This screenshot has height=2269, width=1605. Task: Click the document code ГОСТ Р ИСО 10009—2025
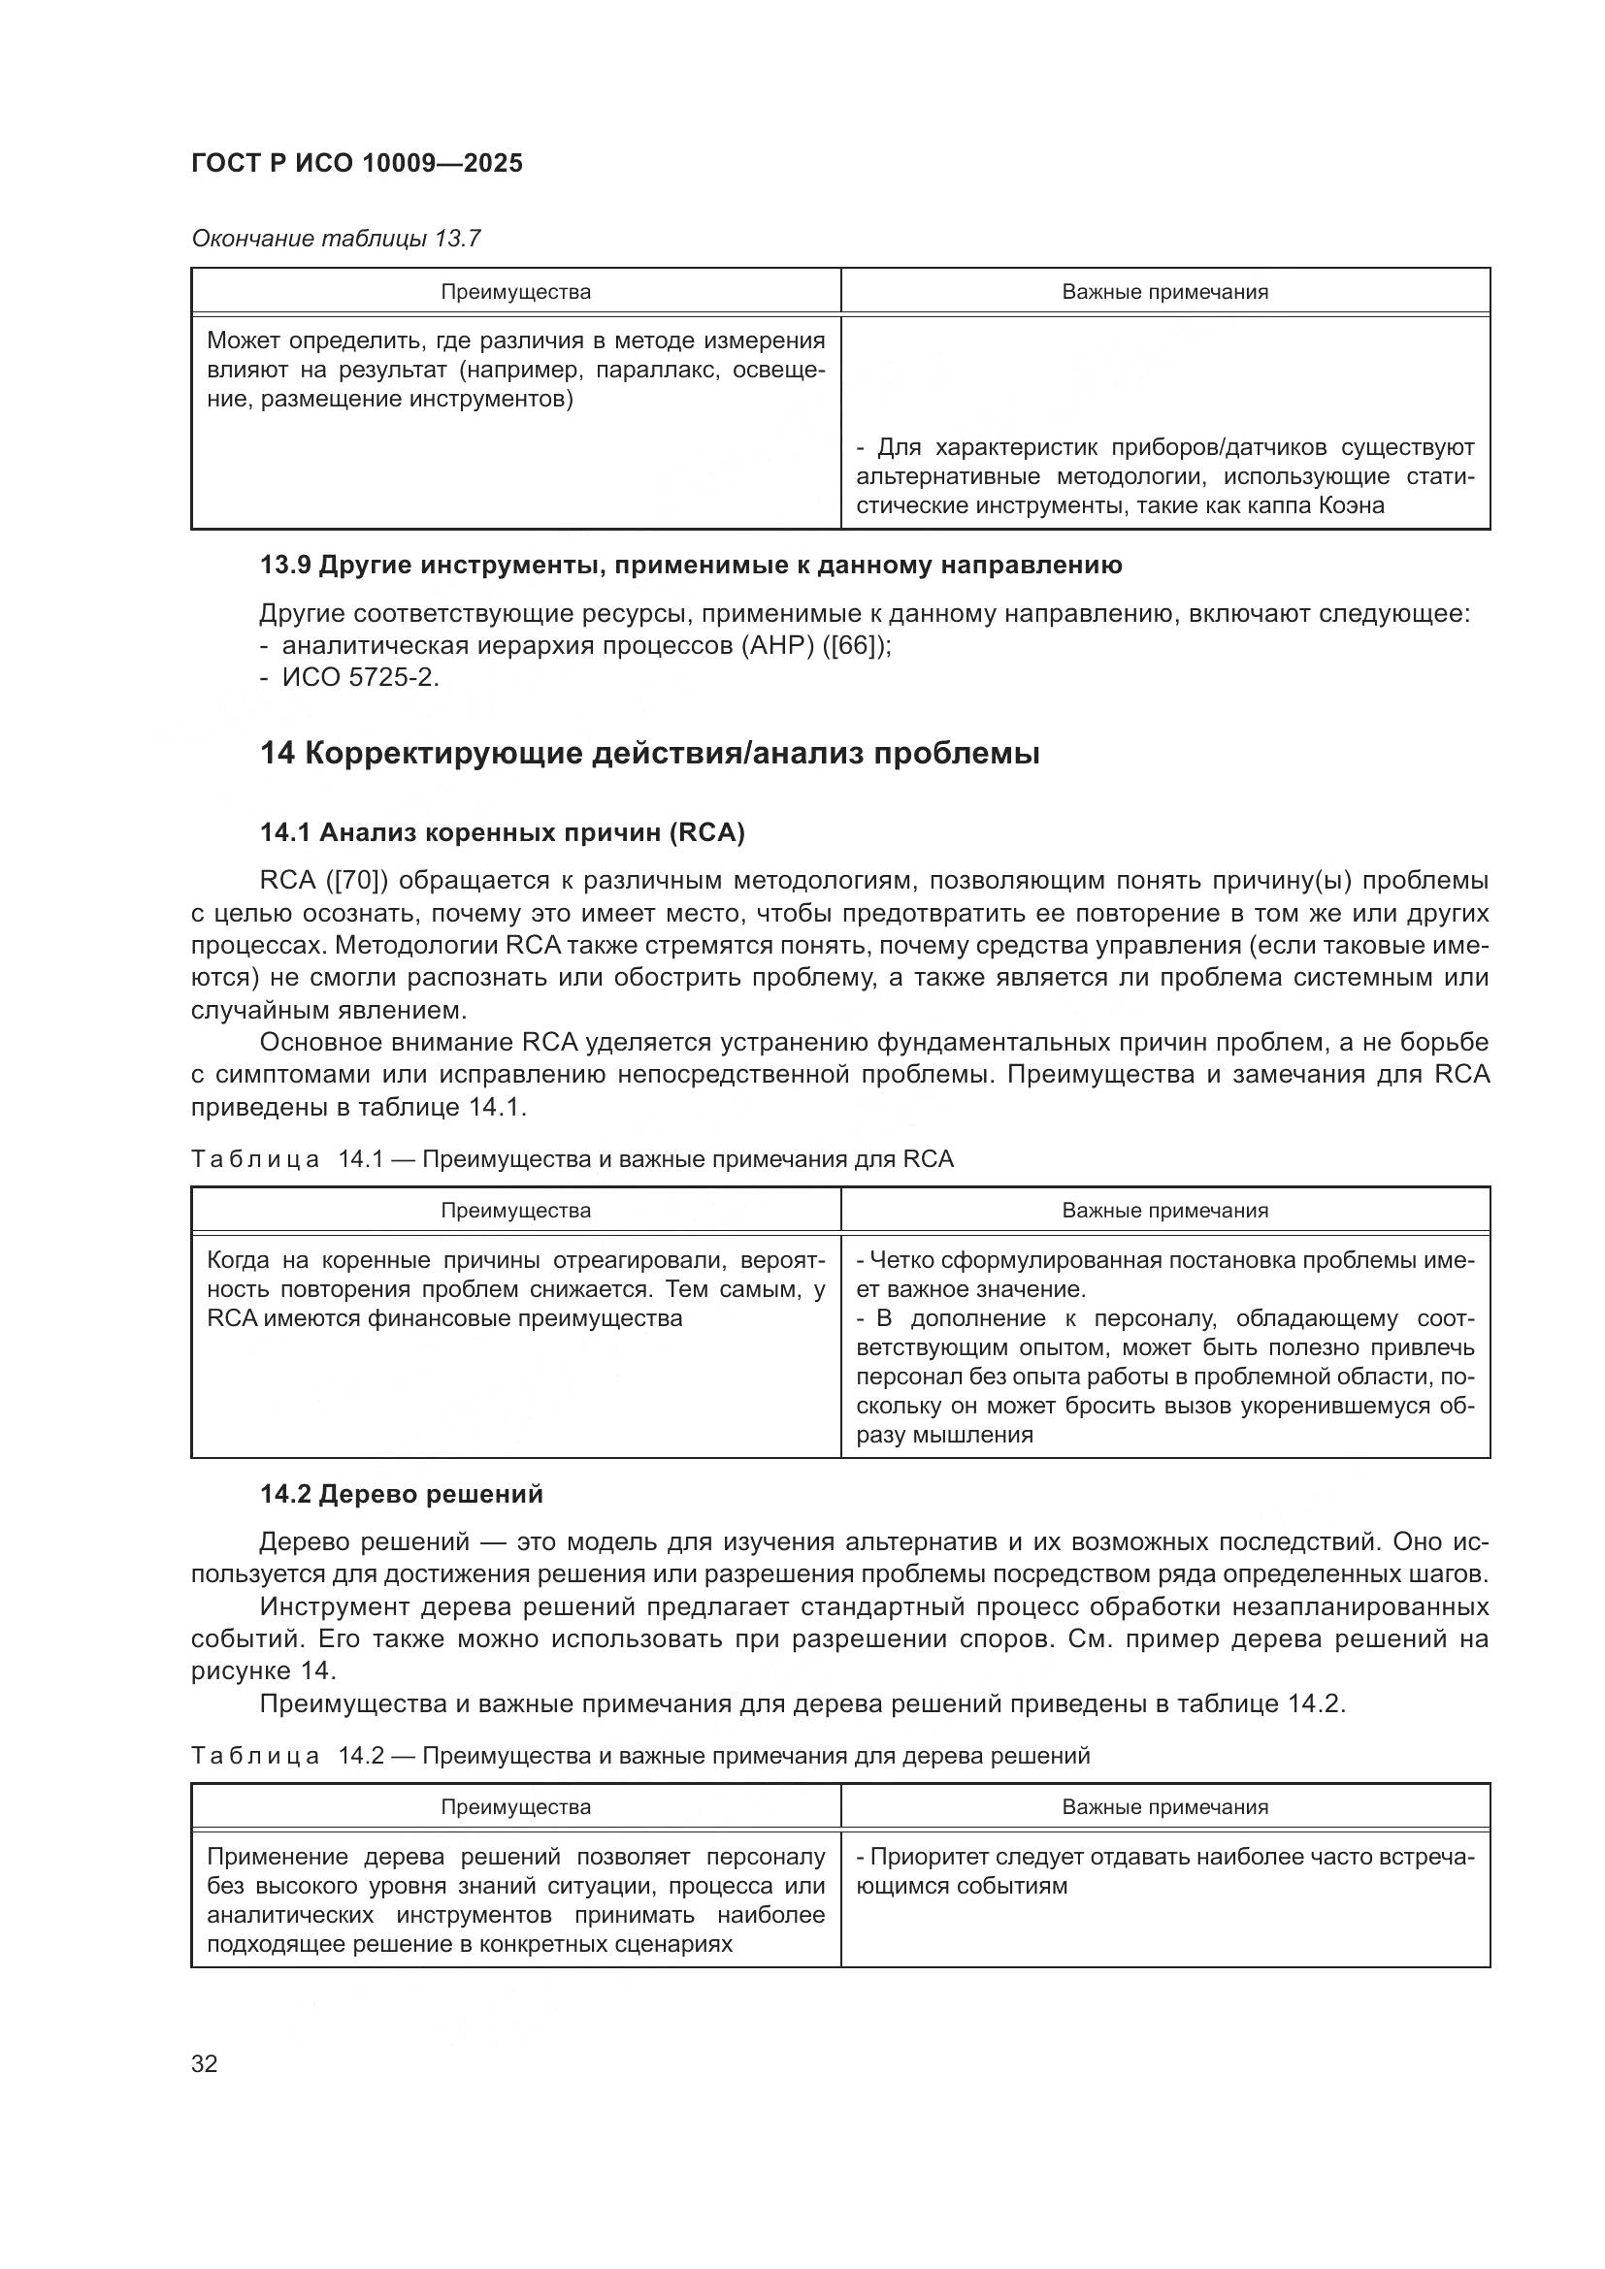357,163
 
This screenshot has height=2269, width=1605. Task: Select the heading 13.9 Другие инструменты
691,566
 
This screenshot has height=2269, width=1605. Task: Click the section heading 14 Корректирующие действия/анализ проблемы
649,754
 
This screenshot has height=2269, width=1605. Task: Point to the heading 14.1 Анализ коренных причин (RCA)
502,832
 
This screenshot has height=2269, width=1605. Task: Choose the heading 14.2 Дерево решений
402,1493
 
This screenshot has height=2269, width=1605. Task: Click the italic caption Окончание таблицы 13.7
336,239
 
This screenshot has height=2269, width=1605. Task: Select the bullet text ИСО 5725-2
360,678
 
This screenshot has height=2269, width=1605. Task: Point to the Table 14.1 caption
573,1159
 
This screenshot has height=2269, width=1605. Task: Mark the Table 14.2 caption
640,1755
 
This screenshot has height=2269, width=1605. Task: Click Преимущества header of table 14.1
515,1211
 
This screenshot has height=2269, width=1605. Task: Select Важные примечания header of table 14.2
1164,1806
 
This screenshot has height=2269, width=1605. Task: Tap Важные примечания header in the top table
1164,292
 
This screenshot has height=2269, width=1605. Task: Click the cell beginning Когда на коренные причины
515,1288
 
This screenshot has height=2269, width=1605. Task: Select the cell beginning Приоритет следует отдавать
1164,1870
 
